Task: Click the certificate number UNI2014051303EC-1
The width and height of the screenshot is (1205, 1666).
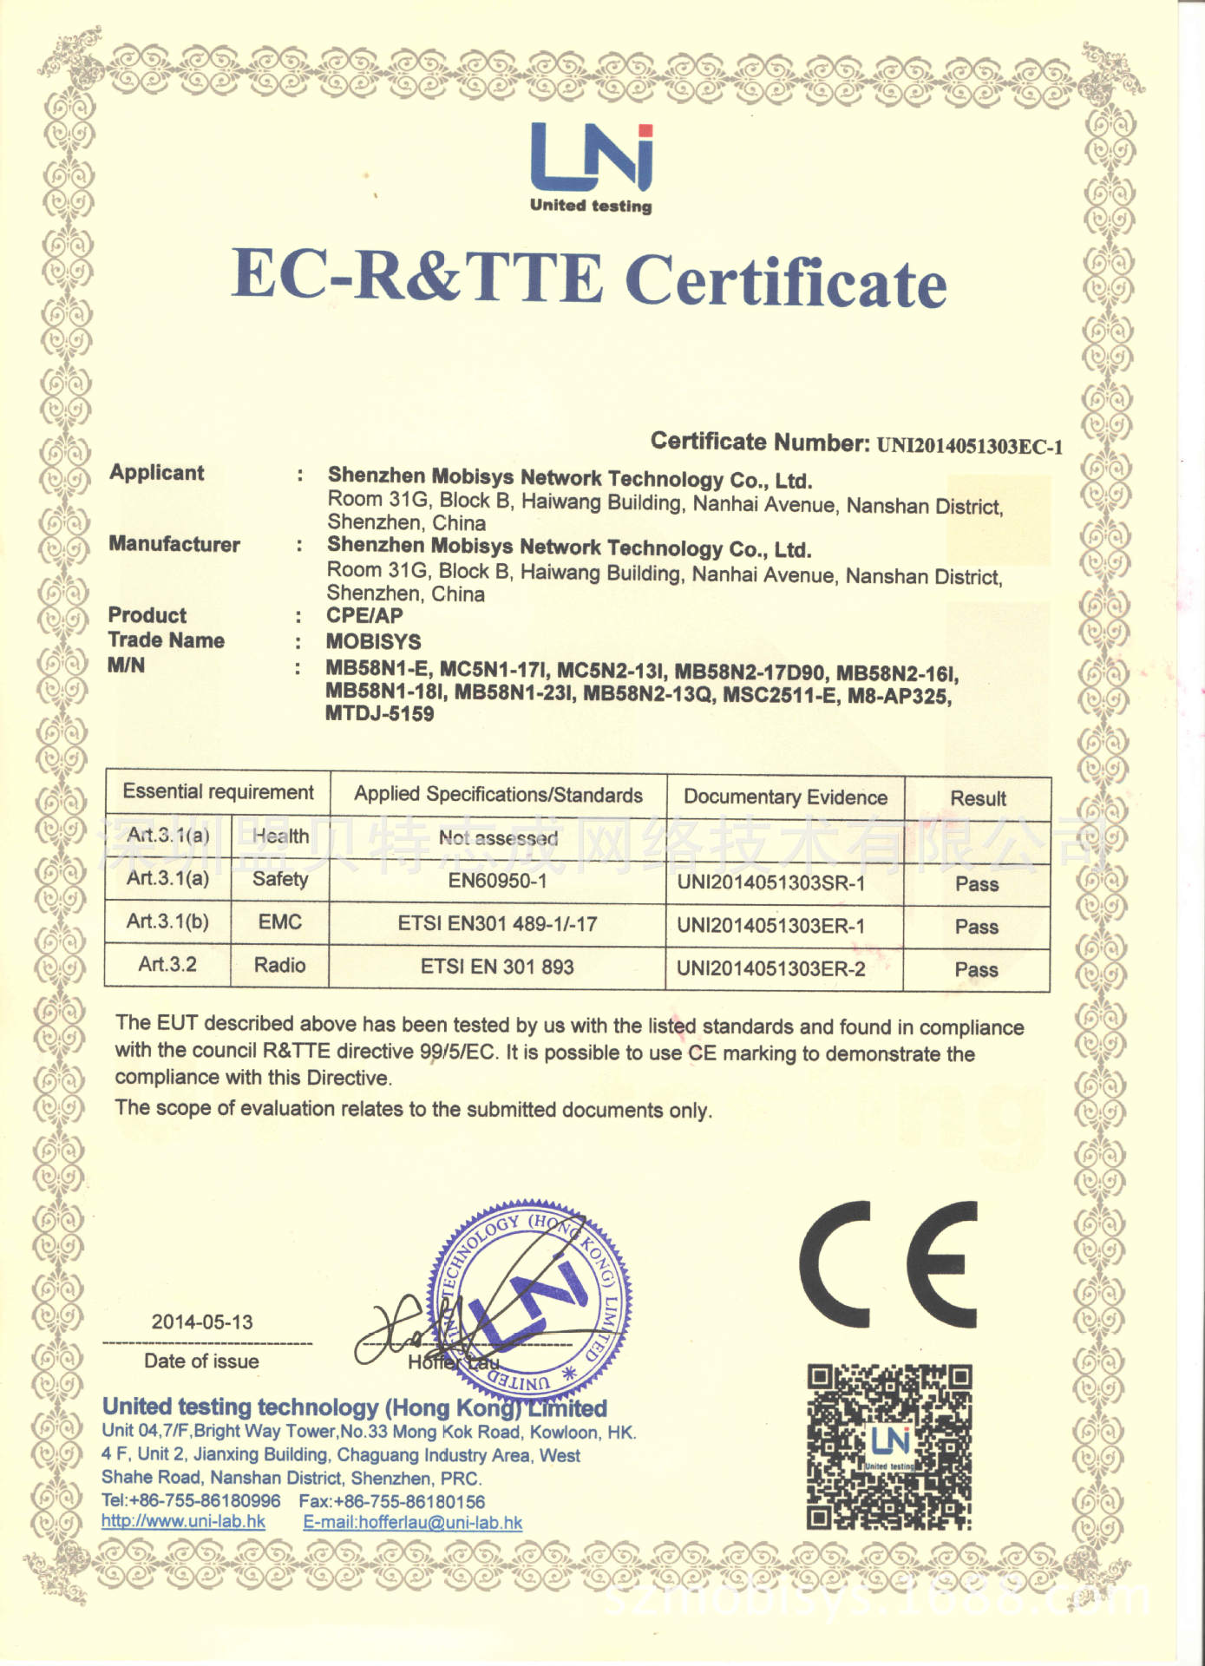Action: pos(969,446)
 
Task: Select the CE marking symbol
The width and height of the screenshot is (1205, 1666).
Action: pos(888,1263)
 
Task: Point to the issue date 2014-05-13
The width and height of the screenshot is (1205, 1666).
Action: pos(202,1322)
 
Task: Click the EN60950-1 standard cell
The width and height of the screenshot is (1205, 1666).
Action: pos(497,881)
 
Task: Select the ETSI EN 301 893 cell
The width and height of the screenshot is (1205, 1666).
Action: pos(497,967)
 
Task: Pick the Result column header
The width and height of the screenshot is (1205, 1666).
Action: pos(978,798)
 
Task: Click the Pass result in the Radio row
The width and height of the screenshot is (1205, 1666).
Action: pos(976,969)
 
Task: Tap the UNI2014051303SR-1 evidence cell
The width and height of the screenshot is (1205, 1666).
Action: pos(770,882)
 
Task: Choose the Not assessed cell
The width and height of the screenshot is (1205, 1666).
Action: pos(498,837)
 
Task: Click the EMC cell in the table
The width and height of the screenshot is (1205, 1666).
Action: pos(279,922)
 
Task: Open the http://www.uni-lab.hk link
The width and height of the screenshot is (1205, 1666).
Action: pos(183,1521)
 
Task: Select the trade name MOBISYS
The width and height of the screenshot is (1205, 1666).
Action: pos(373,641)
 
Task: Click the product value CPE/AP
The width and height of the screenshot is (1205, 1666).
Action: pos(364,616)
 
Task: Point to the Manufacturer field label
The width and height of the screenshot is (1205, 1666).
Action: pos(174,544)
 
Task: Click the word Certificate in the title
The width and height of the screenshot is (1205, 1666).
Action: pos(785,281)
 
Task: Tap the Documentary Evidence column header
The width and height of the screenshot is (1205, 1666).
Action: pos(785,797)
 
